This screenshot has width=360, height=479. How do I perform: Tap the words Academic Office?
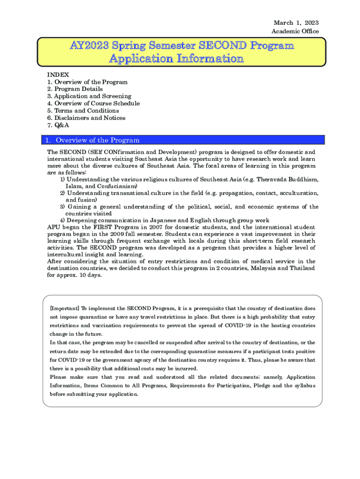[x=295, y=31]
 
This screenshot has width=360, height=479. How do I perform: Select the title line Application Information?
[x=176, y=59]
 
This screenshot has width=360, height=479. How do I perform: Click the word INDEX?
[x=58, y=75]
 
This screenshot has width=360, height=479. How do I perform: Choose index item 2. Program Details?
[x=75, y=89]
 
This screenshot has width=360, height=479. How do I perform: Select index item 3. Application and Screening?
[x=89, y=96]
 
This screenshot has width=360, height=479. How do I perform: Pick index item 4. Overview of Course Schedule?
[x=94, y=103]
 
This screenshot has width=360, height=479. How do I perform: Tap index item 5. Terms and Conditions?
[x=83, y=111]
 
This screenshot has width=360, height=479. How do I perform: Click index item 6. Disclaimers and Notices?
[x=86, y=118]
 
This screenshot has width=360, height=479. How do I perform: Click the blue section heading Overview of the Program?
[x=97, y=140]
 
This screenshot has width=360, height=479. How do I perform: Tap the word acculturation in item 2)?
[x=298, y=193]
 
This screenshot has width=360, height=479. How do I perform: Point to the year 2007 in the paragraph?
[x=149, y=227]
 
